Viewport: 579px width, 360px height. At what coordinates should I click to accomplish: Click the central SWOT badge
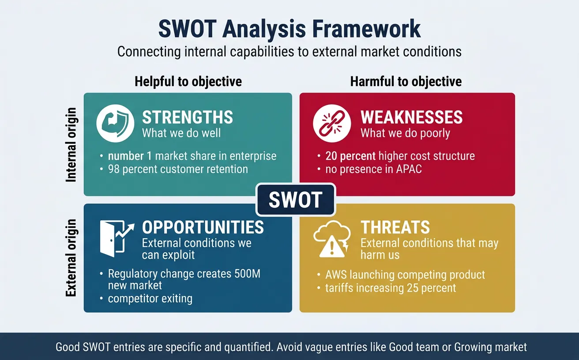(x=295, y=200)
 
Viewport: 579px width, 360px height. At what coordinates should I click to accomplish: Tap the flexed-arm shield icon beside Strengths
(x=115, y=124)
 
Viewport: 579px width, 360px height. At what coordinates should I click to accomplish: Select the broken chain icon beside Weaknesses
(x=332, y=124)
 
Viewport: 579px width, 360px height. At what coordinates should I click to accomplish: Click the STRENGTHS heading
(x=188, y=118)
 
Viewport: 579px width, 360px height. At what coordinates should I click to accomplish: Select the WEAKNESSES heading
(x=412, y=118)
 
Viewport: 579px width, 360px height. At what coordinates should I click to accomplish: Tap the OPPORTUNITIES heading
(x=203, y=228)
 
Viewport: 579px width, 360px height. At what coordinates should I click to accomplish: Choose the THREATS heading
(x=395, y=228)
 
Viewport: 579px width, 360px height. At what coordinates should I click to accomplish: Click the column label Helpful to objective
(x=188, y=82)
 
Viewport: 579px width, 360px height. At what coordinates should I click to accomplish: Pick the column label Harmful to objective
(x=406, y=82)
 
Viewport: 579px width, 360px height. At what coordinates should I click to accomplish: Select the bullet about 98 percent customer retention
(x=178, y=169)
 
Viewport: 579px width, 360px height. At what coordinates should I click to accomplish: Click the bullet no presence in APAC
(x=373, y=169)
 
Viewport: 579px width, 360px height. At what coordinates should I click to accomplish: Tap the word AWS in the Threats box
(x=336, y=275)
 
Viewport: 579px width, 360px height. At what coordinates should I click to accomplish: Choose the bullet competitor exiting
(x=150, y=299)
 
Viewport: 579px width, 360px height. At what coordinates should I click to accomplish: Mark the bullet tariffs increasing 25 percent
(x=391, y=289)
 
